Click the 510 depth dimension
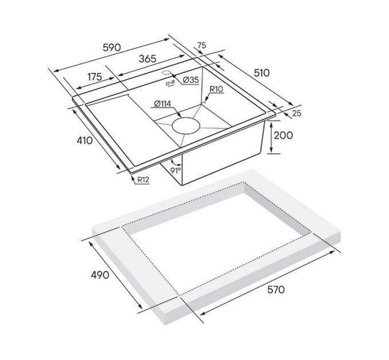coord(261,73)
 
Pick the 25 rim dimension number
coord(296,113)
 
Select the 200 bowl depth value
coord(283,135)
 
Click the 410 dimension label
coord(84,140)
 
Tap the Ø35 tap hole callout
coord(191,81)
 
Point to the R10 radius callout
coord(216,90)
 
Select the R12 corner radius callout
coord(143,181)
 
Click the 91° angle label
coord(176,170)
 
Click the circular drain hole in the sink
coord(185,125)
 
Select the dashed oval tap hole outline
coord(166,73)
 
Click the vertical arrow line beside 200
coord(271,136)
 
